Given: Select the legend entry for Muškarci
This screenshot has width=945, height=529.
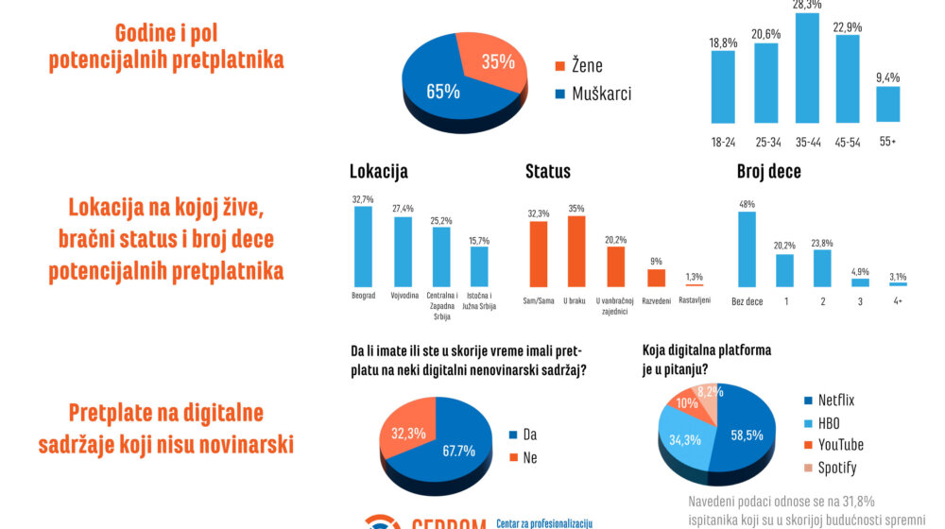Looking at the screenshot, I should coord(592,94).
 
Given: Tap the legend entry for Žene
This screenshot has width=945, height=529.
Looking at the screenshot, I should coord(577,66).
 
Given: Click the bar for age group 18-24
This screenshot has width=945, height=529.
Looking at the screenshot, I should coord(723,86).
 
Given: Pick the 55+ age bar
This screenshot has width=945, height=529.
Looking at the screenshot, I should coord(887,104).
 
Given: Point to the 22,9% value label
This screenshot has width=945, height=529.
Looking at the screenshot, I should coord(847,26).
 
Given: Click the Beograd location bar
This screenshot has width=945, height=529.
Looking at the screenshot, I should coord(363,246).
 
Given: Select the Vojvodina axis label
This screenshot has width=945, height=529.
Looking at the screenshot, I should coord(404,297).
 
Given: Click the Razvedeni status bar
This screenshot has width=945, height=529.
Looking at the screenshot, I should coord(656,277).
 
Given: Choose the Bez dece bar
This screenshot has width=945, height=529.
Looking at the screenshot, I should coord(747,248).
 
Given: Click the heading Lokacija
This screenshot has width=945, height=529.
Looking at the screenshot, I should coord(378,172).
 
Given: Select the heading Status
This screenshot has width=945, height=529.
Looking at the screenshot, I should coord(548,172).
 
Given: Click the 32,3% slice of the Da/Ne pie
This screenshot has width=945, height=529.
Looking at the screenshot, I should coord(409,433).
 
